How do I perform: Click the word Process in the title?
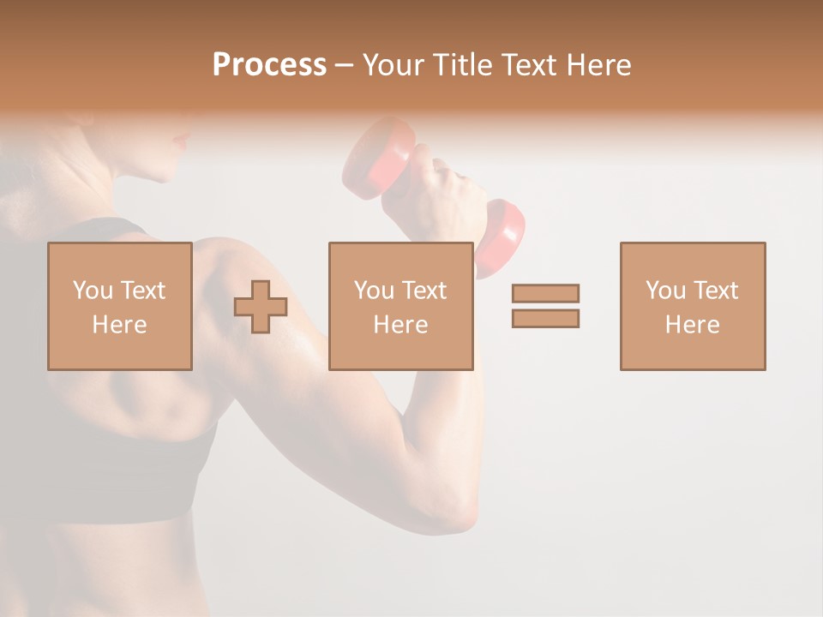[269, 65]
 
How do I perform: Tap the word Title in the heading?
[462, 65]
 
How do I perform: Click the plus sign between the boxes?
[261, 306]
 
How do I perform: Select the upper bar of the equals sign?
[545, 293]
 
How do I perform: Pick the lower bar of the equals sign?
[545, 319]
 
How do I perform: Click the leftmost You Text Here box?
[119, 306]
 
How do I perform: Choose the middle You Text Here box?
[400, 306]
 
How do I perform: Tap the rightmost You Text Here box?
[692, 306]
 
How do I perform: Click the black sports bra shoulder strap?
[94, 231]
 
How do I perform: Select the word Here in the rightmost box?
[692, 325]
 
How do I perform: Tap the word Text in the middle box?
[424, 291]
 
